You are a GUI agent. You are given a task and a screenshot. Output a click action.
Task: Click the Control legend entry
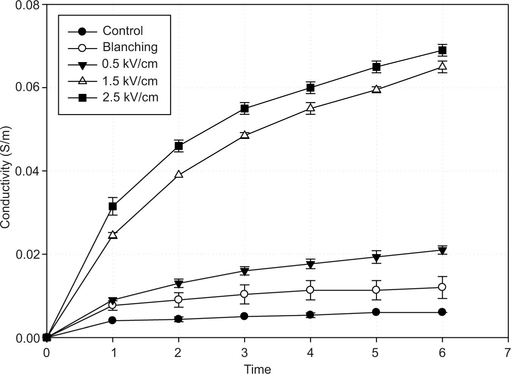[123, 31]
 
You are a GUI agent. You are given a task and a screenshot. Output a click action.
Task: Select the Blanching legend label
[130, 47]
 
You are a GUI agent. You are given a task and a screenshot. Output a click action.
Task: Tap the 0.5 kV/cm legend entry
[130, 64]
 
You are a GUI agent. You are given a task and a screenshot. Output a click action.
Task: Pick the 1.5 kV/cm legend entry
[130, 81]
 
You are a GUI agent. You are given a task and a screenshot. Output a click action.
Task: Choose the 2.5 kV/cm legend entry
[130, 97]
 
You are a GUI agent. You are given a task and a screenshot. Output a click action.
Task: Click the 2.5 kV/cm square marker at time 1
[113, 206]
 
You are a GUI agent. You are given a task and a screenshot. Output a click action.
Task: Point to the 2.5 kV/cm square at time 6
[442, 50]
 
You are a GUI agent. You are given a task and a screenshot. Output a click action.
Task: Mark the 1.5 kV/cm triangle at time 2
[179, 174]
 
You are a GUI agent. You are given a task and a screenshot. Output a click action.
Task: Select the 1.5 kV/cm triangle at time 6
[442, 67]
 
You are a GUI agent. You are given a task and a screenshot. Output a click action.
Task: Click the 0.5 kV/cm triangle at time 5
[376, 258]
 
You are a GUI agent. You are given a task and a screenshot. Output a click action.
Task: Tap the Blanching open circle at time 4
[310, 290]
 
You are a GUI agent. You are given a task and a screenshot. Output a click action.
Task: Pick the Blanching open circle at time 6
[442, 287]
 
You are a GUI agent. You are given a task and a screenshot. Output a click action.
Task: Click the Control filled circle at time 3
[244, 316]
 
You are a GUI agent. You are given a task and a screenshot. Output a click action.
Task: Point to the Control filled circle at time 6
[442, 312]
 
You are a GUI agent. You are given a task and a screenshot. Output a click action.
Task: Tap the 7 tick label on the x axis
[507, 353]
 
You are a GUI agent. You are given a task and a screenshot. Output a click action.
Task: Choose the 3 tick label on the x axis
[244, 353]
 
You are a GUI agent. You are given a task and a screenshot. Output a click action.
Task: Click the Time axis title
[257, 369]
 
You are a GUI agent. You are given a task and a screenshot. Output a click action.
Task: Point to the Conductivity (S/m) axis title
[5, 177]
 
